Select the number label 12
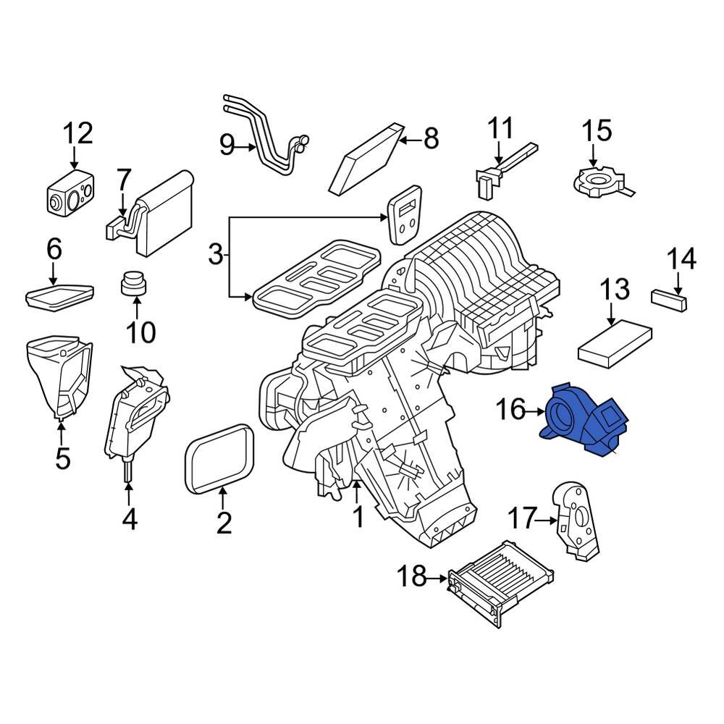(77, 134)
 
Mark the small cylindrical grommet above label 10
(132, 285)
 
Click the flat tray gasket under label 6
(59, 295)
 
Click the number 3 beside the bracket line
(215, 255)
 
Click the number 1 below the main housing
(356, 517)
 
